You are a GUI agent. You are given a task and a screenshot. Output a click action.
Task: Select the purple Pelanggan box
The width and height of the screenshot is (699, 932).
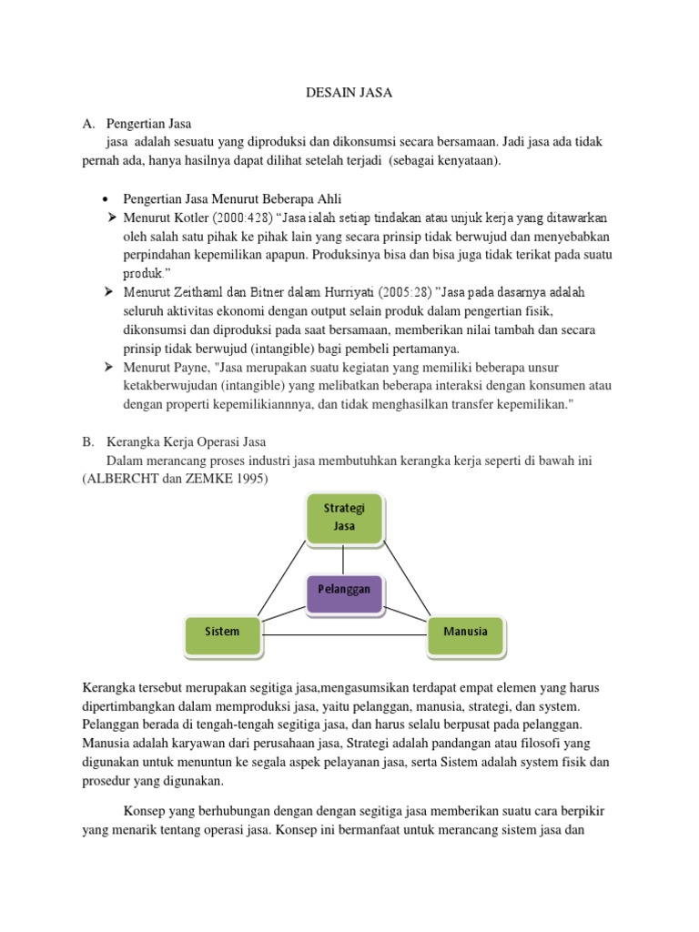click(x=344, y=590)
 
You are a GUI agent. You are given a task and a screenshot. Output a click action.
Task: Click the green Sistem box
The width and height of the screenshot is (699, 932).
click(x=223, y=632)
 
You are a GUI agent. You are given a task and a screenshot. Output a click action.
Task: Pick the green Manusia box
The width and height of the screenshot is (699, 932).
click(x=465, y=632)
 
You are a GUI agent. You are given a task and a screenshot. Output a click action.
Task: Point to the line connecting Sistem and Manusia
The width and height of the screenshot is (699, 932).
click(x=344, y=634)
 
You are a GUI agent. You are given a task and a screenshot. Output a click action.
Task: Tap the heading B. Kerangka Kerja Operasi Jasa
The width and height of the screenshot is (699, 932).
click(x=173, y=442)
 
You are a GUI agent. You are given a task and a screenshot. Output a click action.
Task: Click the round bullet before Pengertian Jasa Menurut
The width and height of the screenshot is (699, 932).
click(x=106, y=199)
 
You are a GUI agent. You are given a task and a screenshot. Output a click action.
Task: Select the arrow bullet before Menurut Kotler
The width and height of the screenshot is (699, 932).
click(x=109, y=218)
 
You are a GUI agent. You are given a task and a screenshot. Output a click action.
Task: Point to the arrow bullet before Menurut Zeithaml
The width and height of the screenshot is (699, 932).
click(x=109, y=292)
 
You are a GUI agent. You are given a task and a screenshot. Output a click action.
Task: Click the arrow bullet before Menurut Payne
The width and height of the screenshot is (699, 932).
click(x=109, y=367)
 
